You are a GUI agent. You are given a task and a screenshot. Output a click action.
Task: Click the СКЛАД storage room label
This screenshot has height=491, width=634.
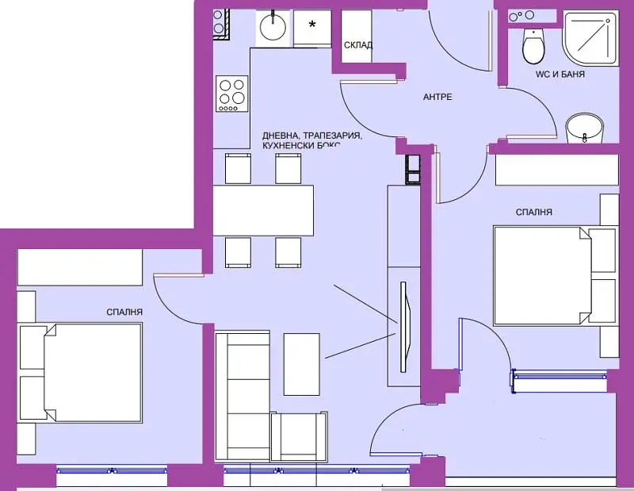[x=358, y=45]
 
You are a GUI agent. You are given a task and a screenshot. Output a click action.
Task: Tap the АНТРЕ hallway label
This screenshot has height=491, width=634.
[x=437, y=97]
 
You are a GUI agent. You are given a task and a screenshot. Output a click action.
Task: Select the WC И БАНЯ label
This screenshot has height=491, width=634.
[x=560, y=74]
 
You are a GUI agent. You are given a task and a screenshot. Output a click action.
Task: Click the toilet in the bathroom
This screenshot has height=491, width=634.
[x=533, y=45]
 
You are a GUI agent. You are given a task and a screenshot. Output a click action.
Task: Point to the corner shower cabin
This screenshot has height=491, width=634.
[x=590, y=38]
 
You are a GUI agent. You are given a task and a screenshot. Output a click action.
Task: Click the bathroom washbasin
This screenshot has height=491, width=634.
[x=584, y=128]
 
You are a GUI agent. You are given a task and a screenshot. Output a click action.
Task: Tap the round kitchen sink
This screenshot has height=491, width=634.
[x=273, y=27]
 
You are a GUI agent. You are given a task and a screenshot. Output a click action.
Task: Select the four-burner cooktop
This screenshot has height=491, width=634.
[x=231, y=93]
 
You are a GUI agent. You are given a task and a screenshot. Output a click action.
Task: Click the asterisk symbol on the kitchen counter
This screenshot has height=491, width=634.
[x=312, y=25]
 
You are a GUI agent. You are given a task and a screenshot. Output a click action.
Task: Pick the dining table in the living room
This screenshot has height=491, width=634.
[x=263, y=210]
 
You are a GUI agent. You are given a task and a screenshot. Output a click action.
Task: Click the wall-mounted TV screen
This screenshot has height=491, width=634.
[x=404, y=327]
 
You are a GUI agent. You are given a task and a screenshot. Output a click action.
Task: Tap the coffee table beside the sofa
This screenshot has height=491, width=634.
[x=302, y=364]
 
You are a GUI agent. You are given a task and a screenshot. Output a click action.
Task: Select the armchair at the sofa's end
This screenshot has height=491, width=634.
[x=299, y=437]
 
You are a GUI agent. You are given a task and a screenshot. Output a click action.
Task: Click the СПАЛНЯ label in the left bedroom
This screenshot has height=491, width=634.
[x=124, y=312]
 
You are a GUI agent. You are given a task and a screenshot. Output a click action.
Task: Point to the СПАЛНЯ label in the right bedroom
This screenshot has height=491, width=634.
[x=533, y=212]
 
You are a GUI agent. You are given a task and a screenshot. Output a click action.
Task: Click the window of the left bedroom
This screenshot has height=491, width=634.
[x=112, y=470]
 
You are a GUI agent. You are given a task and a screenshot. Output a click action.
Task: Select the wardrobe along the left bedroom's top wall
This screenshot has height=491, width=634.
[x=80, y=267]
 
